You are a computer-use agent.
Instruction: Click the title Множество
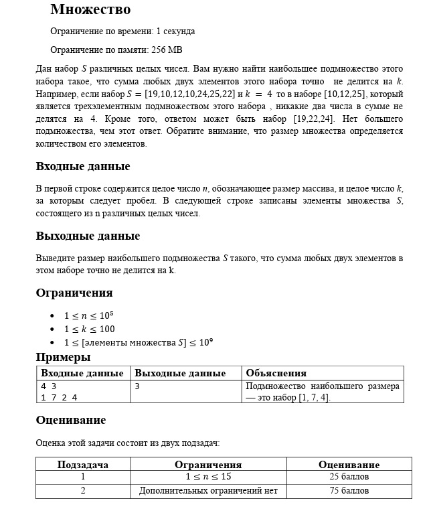(90, 9)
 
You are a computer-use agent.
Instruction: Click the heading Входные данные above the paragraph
(82, 166)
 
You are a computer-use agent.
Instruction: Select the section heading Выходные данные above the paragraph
(88, 236)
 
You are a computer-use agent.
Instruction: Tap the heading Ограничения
(74, 293)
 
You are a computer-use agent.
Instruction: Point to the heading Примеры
(63, 357)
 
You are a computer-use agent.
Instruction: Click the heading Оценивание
(70, 420)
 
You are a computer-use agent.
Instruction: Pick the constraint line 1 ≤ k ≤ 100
(89, 329)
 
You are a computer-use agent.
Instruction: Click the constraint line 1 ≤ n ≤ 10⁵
(90, 315)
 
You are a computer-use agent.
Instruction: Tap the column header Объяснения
(276, 373)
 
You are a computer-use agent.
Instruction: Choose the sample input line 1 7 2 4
(59, 397)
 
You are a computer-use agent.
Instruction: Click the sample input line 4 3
(48, 386)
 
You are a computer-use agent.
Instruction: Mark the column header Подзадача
(83, 465)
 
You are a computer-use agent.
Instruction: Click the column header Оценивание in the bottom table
(349, 465)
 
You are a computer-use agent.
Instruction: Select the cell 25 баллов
(349, 477)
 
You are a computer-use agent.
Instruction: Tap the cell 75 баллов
(349, 491)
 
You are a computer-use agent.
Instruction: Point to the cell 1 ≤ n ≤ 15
(208, 477)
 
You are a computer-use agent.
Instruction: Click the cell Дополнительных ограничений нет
(208, 491)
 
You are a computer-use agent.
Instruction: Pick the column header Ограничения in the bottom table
(208, 465)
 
